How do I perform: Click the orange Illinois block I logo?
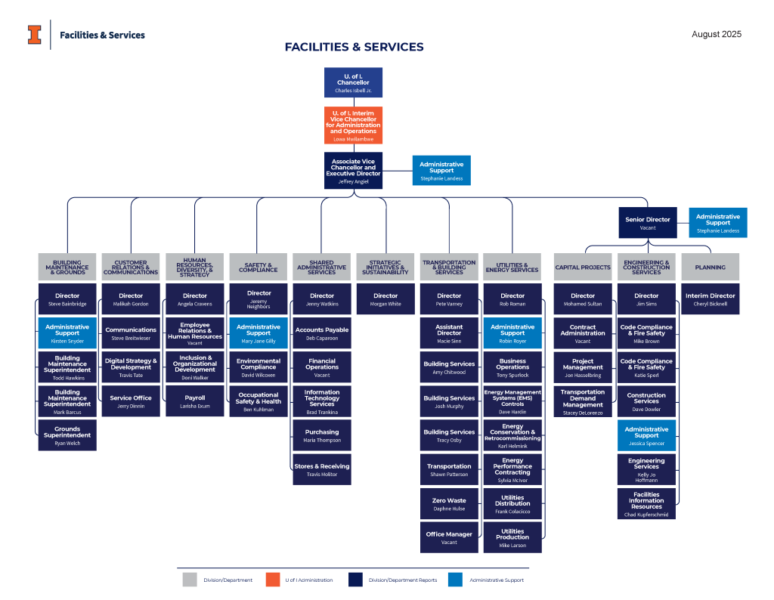[35, 35]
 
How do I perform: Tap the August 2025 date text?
[717, 34]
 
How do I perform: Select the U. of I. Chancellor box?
[353, 82]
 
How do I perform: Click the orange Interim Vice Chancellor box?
[353, 125]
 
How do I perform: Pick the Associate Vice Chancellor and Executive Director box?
[353, 171]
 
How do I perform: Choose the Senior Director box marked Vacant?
[648, 222]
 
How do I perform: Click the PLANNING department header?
[710, 268]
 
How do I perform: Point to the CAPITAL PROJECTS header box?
[583, 268]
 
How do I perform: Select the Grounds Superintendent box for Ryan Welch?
[67, 436]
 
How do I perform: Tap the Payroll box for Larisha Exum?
[194, 401]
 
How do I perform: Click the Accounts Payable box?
[322, 333]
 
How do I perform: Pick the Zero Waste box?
[449, 504]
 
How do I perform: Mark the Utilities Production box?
[512, 538]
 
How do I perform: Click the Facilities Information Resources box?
[646, 504]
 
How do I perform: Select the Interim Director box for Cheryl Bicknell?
[710, 299]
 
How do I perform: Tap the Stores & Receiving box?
[322, 470]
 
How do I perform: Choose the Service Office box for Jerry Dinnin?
[131, 401]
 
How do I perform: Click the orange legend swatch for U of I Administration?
[274, 580]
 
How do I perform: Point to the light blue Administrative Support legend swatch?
[455, 580]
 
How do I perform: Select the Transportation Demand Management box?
[583, 402]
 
